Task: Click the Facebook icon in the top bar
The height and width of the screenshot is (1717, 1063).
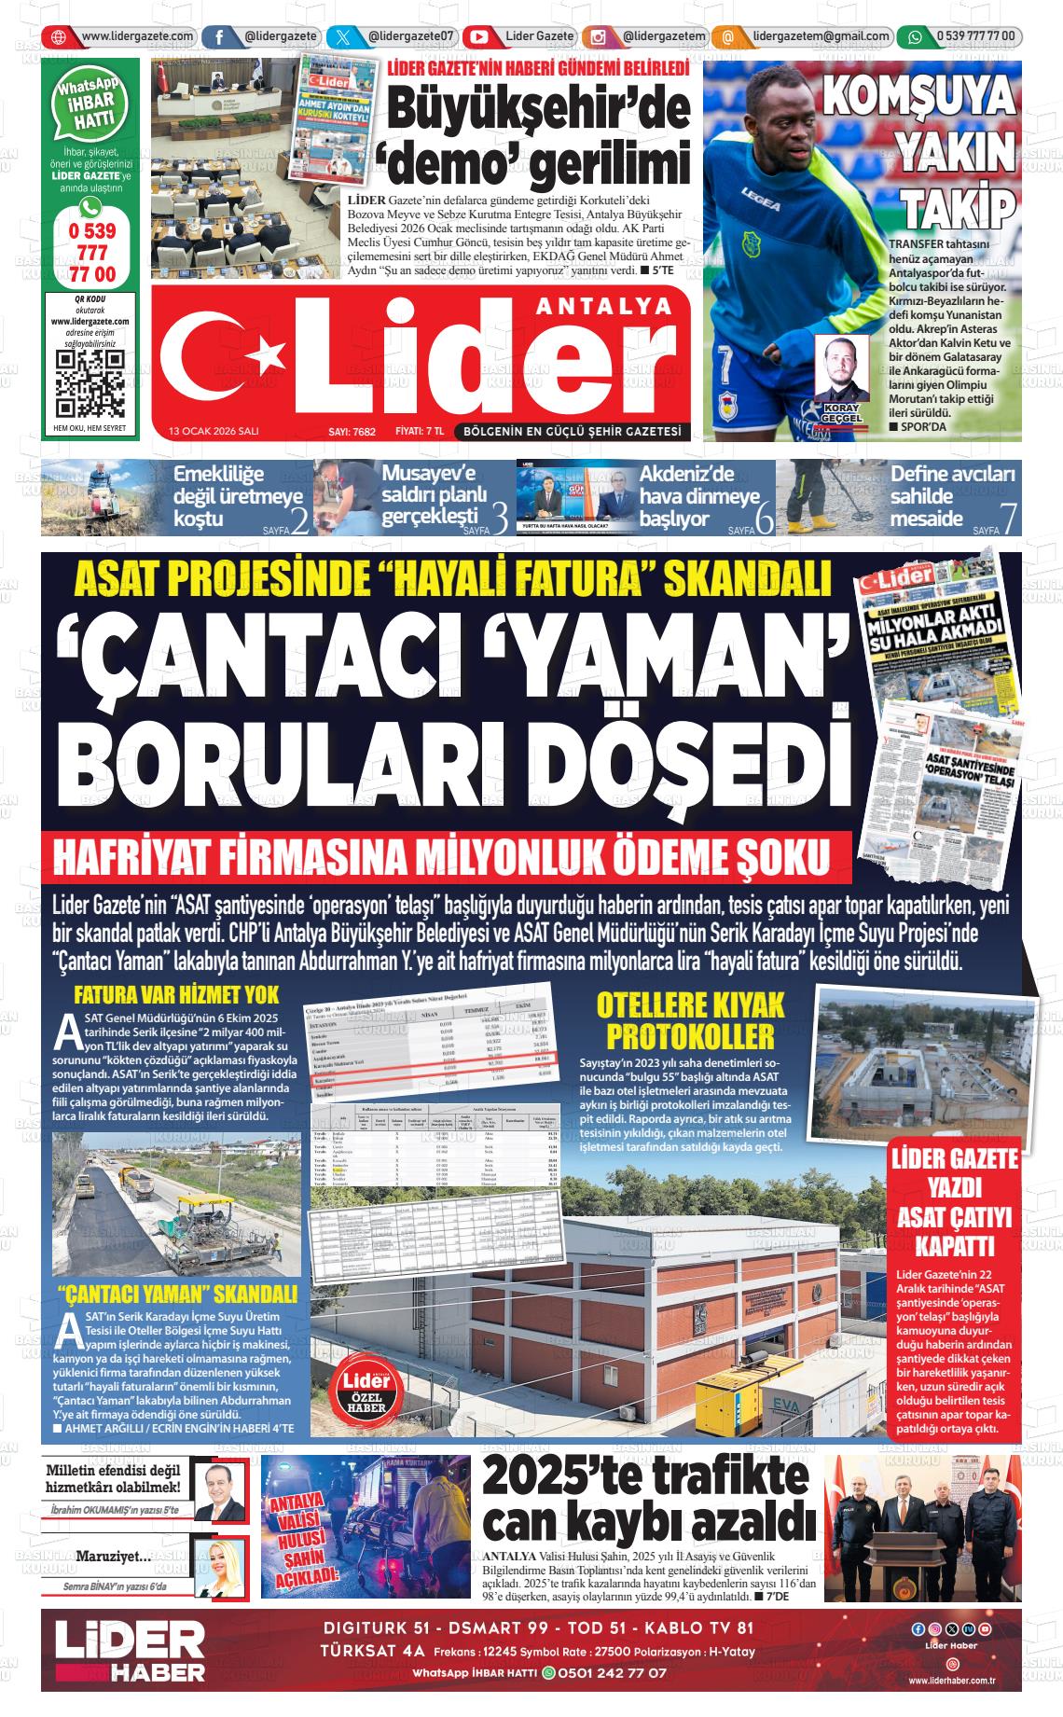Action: point(218,37)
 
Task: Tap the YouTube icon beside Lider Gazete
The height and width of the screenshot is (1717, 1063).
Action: point(479,37)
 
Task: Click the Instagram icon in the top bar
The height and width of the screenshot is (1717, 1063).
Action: point(598,37)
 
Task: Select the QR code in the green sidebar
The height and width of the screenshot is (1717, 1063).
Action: point(90,383)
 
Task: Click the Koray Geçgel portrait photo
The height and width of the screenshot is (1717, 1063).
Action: point(841,367)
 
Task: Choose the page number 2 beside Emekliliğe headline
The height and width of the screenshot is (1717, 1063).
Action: point(299,519)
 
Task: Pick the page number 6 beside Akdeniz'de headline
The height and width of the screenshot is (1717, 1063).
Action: point(764,519)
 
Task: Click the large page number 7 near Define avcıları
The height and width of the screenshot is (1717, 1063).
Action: point(1006,519)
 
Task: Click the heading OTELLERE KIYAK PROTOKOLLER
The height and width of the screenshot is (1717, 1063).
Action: point(691,1020)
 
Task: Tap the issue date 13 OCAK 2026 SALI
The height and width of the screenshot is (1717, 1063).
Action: point(214,432)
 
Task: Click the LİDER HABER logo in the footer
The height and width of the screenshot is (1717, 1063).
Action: point(130,1651)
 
